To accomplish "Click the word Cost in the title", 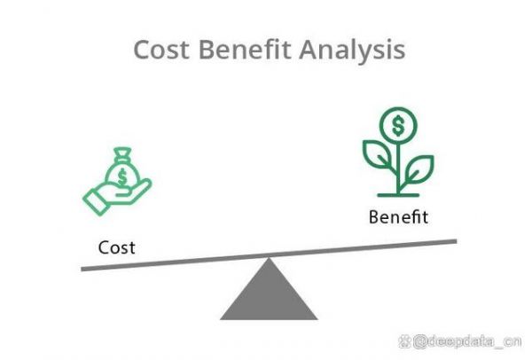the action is tap(161, 50).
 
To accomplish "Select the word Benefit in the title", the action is tap(245, 50).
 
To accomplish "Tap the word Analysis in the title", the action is tap(352, 51).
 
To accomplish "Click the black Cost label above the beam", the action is tap(117, 247).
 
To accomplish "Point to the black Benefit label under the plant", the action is tap(398, 217).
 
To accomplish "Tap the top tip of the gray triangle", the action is tap(269, 258).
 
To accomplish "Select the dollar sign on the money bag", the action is tap(121, 176).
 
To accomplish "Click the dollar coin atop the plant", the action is tap(398, 126).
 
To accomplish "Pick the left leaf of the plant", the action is tap(378, 153).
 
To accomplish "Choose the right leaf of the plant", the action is tap(419, 169).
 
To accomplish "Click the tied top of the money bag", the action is tap(122, 153).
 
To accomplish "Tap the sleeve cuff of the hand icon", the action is tap(96, 202).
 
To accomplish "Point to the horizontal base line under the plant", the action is tap(398, 195).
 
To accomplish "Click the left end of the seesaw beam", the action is tap(82, 270).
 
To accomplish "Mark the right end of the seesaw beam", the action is tap(457, 241).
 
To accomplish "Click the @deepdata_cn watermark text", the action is tap(467, 341).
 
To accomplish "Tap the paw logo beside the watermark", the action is tap(405, 341).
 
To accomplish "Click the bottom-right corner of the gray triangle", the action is tap(317, 319).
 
